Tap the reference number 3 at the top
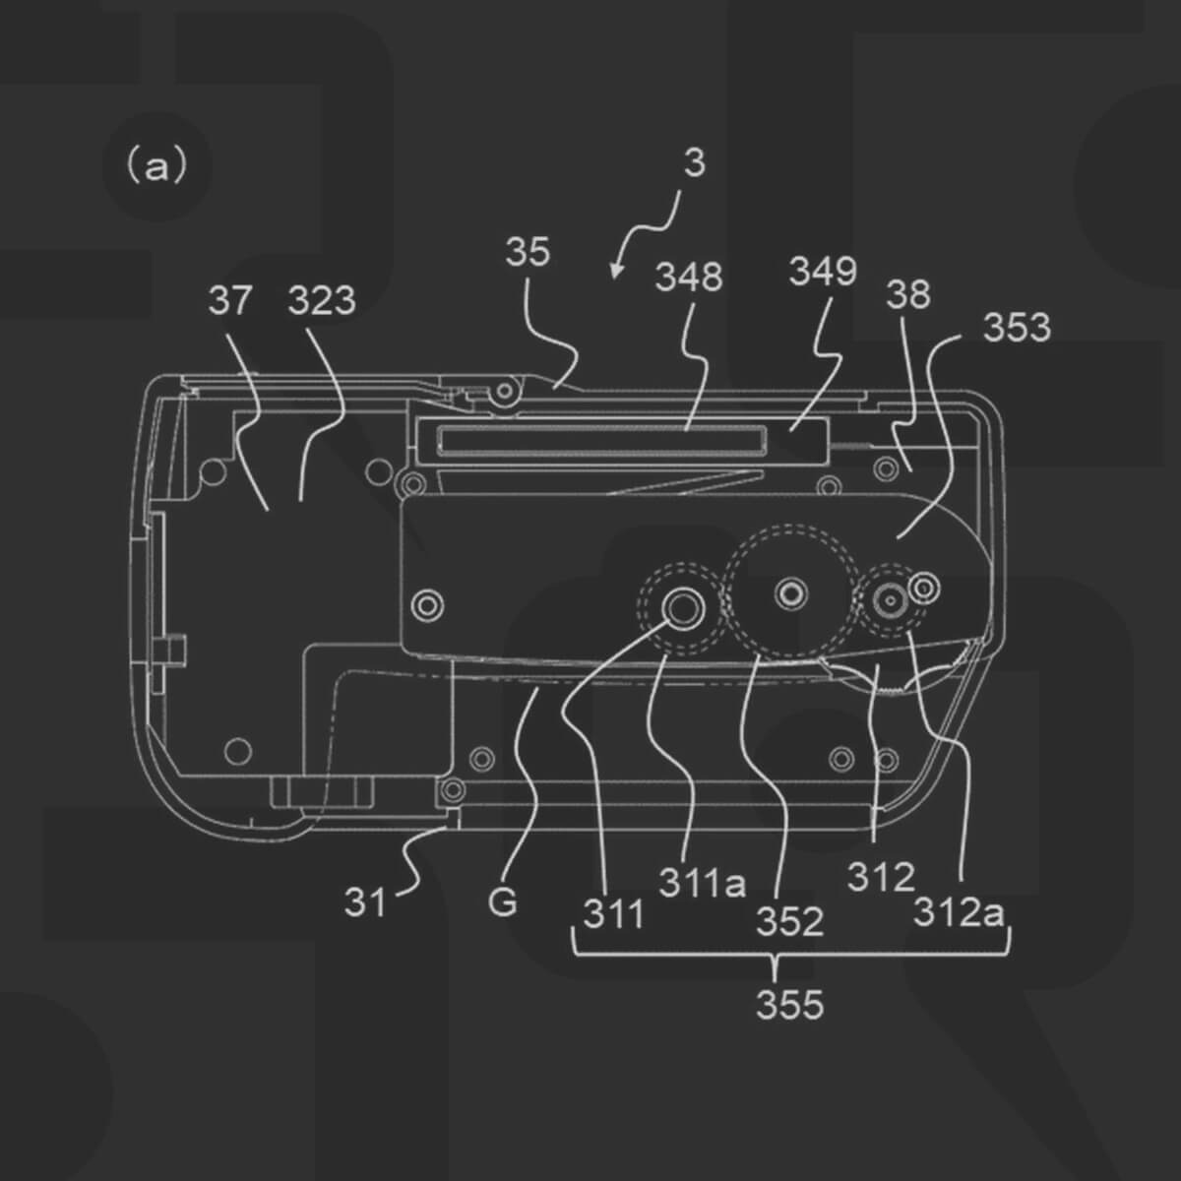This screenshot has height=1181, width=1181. tap(694, 163)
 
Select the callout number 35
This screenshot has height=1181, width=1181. tap(528, 253)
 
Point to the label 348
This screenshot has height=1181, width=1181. tap(689, 278)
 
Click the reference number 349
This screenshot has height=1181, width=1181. tap(823, 272)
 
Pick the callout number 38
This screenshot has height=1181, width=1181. tap(907, 294)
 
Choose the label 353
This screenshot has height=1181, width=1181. tap(1017, 328)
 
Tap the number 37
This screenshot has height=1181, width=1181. tap(230, 301)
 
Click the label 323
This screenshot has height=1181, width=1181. tap(322, 301)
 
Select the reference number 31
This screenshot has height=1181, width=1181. tap(365, 901)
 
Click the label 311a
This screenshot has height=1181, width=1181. tap(702, 883)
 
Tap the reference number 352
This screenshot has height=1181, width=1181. tap(789, 922)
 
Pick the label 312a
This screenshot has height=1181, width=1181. tap(960, 913)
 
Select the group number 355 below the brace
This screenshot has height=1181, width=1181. tap(789, 1005)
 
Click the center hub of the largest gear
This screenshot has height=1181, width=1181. tap(789, 591)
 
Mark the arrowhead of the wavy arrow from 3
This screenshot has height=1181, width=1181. tap(615, 273)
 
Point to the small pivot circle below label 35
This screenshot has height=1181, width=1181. tap(505, 392)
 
